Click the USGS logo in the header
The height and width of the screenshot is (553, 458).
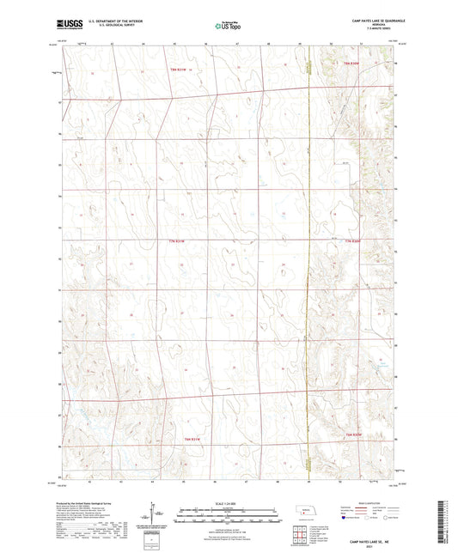click(66, 26)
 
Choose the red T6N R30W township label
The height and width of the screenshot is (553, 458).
click(353, 437)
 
